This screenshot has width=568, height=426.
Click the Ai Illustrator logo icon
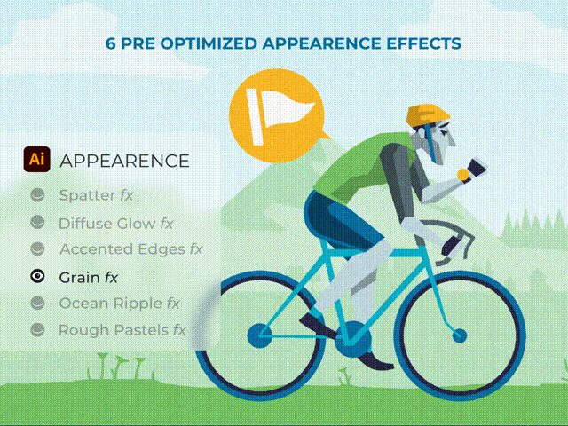click(36, 159)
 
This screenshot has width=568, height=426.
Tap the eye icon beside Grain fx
click(37, 276)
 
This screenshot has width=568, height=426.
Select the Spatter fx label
click(96, 195)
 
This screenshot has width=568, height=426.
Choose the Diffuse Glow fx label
click(115, 224)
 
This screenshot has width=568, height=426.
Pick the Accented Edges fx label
click(130, 249)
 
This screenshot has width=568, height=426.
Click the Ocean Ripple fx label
click(119, 304)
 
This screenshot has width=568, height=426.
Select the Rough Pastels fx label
click(122, 330)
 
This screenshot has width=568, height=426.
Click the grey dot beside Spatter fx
click(37, 195)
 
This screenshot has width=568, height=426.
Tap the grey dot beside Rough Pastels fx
click(37, 330)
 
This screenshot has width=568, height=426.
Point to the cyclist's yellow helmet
click(428, 114)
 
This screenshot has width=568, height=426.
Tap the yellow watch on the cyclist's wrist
click(463, 175)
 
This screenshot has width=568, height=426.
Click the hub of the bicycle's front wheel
click(460, 335)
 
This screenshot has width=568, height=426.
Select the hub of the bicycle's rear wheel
click(259, 335)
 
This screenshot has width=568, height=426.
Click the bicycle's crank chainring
click(352, 339)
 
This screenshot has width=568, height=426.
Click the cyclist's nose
click(453, 138)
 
